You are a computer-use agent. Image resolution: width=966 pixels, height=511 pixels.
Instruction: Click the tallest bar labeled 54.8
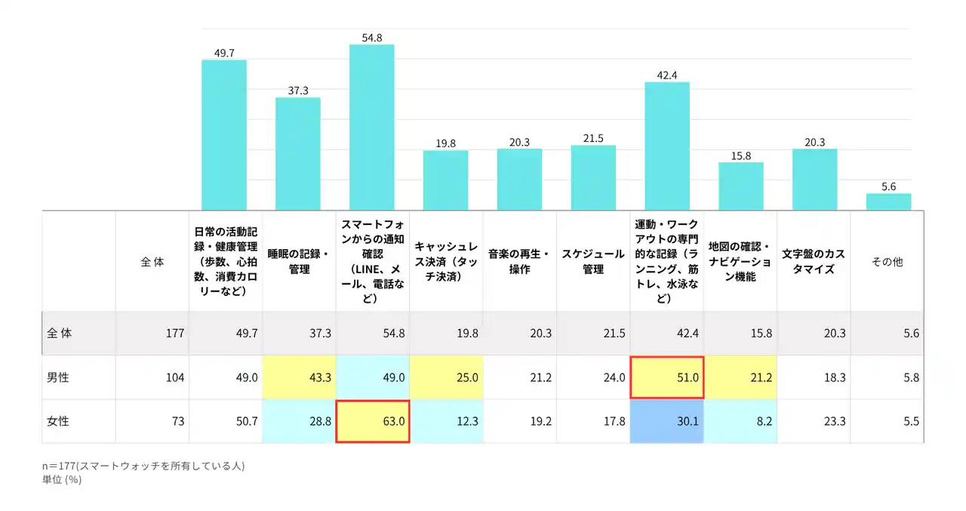(371, 127)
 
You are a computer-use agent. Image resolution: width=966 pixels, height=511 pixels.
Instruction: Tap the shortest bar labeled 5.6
(888, 202)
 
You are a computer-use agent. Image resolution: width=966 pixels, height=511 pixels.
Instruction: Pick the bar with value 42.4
(667, 146)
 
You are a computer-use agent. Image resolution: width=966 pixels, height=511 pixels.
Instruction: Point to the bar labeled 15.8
(740, 186)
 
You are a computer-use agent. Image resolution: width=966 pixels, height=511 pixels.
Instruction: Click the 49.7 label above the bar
(224, 53)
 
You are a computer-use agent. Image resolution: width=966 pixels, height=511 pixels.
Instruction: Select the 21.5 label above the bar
(593, 138)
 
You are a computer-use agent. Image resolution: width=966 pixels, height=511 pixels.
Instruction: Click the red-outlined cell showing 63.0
(373, 421)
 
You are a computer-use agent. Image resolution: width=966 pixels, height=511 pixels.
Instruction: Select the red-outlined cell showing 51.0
(667, 377)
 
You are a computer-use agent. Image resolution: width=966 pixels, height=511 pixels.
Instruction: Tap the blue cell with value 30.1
(667, 421)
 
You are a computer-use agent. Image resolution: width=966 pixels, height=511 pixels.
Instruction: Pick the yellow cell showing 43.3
(299, 377)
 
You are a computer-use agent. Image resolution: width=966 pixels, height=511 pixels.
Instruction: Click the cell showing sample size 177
(152, 334)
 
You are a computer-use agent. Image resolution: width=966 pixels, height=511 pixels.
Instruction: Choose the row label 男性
(58, 377)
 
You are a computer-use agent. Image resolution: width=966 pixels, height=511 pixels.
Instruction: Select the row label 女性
(58, 421)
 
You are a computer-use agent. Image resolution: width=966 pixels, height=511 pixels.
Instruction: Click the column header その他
(887, 262)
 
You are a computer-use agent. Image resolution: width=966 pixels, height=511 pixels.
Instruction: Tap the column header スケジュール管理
(593, 261)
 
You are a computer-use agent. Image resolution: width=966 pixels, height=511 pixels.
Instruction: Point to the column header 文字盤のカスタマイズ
(814, 261)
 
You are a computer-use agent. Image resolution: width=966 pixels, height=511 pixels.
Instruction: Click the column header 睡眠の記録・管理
(299, 261)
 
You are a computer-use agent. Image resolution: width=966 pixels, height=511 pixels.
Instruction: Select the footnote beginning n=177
(143, 466)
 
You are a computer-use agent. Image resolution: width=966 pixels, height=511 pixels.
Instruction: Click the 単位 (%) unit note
(62, 479)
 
